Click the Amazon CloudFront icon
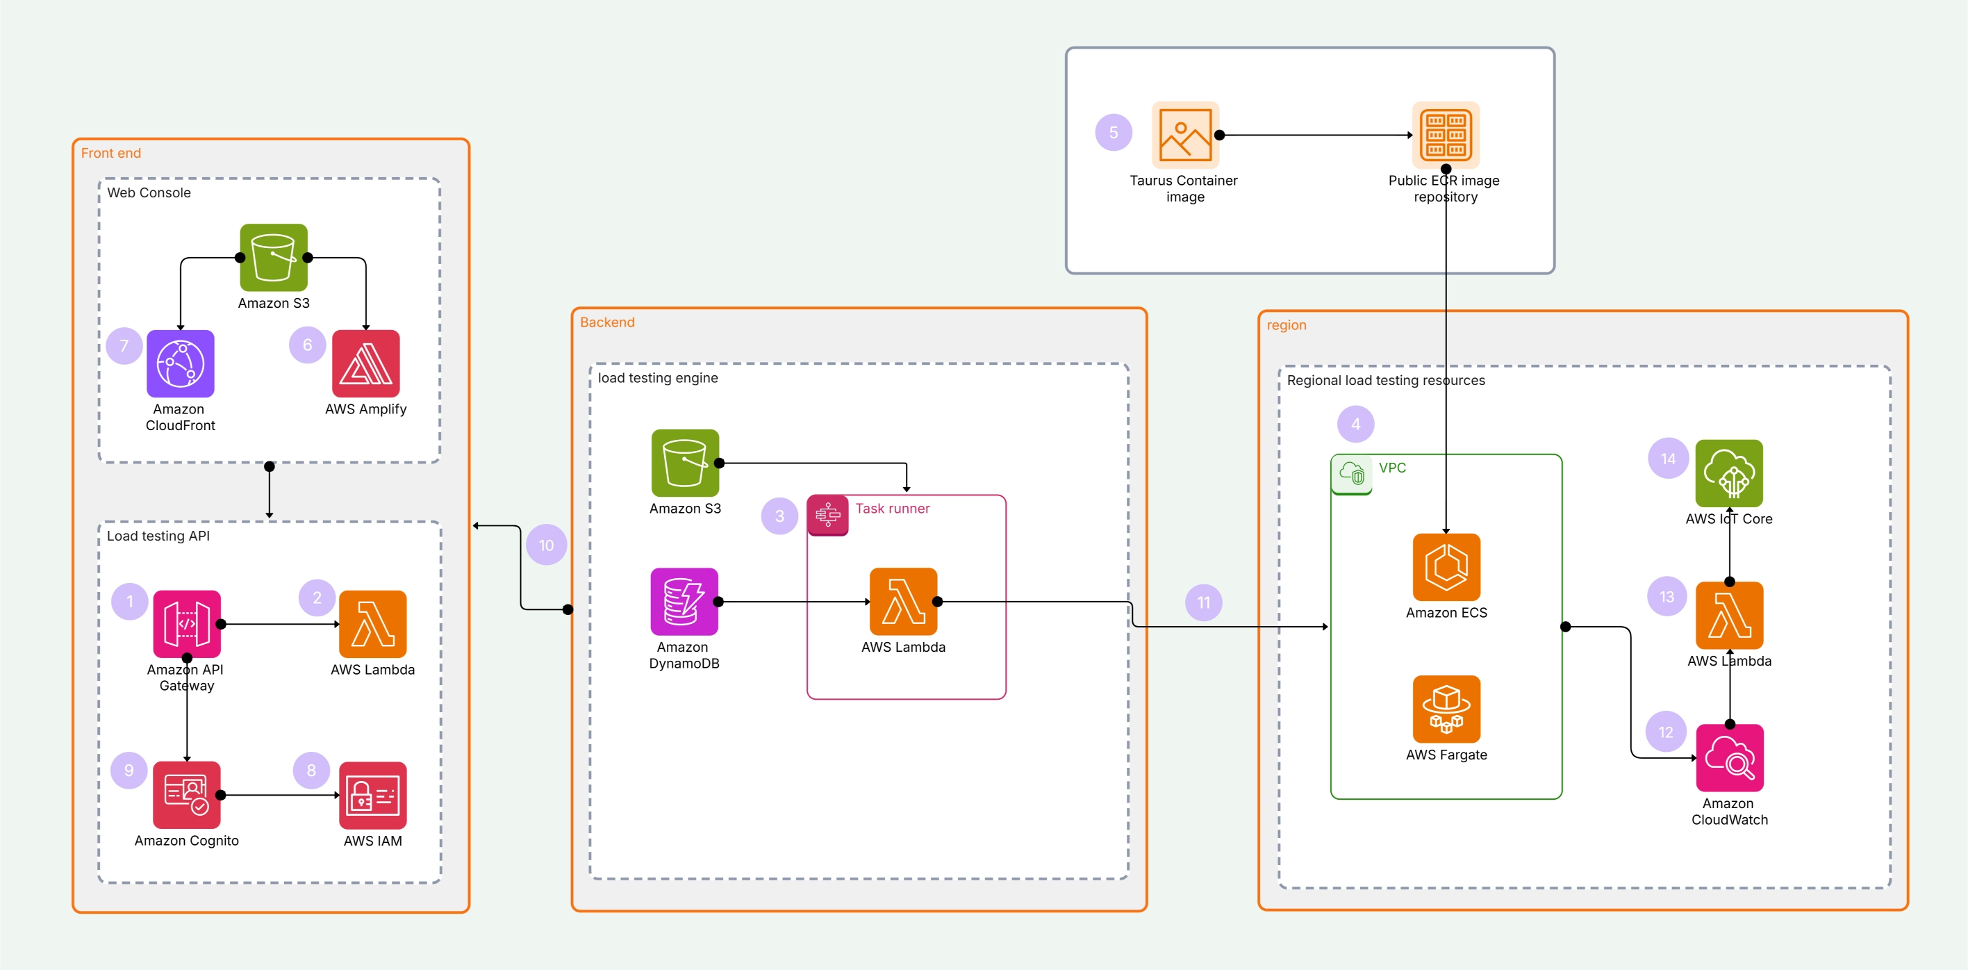181,363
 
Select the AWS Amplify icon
365,363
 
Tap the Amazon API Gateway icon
186,624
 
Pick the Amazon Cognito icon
186,795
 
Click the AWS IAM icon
372,795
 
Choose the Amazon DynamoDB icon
684,602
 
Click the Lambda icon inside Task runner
903,602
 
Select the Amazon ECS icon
1446,567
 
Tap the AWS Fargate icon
1446,709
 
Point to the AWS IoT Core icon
1729,473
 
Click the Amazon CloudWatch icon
1730,757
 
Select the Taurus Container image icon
1185,135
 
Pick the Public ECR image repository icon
1446,135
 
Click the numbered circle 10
546,545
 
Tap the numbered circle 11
1203,602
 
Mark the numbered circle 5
1113,132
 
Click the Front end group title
110,153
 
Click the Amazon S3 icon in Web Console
274,258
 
